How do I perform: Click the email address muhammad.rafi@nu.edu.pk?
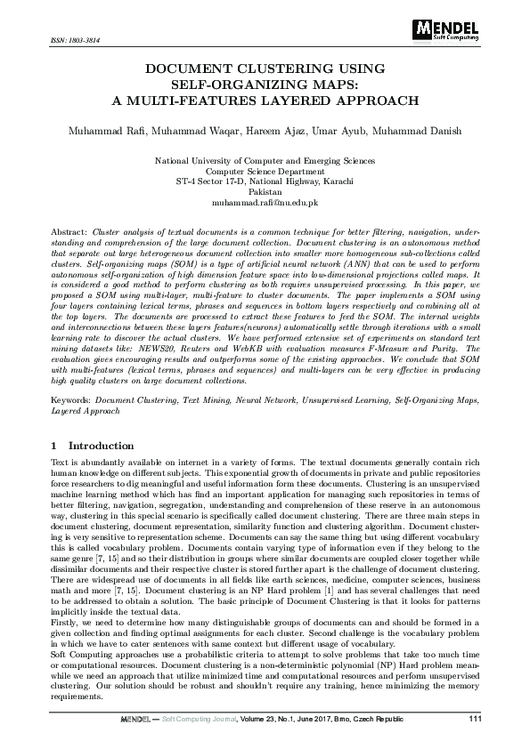click(x=265, y=203)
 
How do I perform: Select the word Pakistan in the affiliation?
click(x=265, y=191)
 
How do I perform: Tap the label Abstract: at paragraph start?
click(x=69, y=230)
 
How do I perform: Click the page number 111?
click(x=474, y=719)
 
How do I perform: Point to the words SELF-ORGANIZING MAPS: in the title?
click(x=265, y=84)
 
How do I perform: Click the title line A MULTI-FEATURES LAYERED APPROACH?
click(x=265, y=100)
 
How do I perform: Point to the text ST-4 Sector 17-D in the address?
click(x=210, y=181)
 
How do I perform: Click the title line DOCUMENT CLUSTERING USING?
click(x=265, y=68)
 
